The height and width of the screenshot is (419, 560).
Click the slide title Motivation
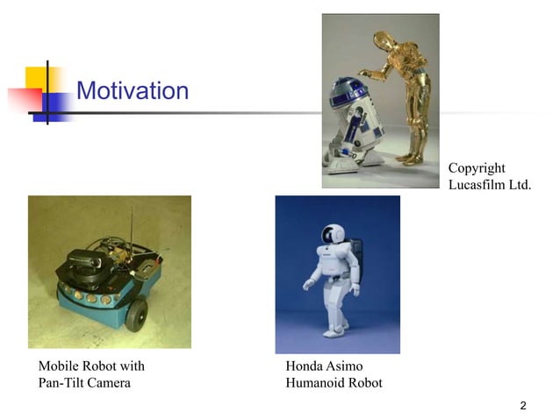click(x=133, y=90)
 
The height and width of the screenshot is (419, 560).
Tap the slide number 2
click(x=523, y=405)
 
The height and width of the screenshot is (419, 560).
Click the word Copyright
click(x=477, y=167)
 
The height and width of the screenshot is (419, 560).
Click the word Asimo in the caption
click(x=345, y=366)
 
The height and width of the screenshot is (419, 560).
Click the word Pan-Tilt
click(x=63, y=383)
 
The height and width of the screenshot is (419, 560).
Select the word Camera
click(x=111, y=383)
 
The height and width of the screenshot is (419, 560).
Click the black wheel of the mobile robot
click(x=135, y=315)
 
